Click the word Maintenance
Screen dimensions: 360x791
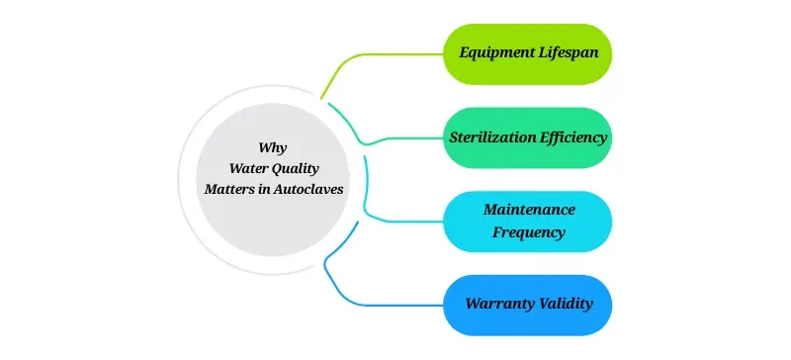529,210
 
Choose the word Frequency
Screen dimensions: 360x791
529,233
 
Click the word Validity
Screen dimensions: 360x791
564,303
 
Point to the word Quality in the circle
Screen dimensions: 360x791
297,168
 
